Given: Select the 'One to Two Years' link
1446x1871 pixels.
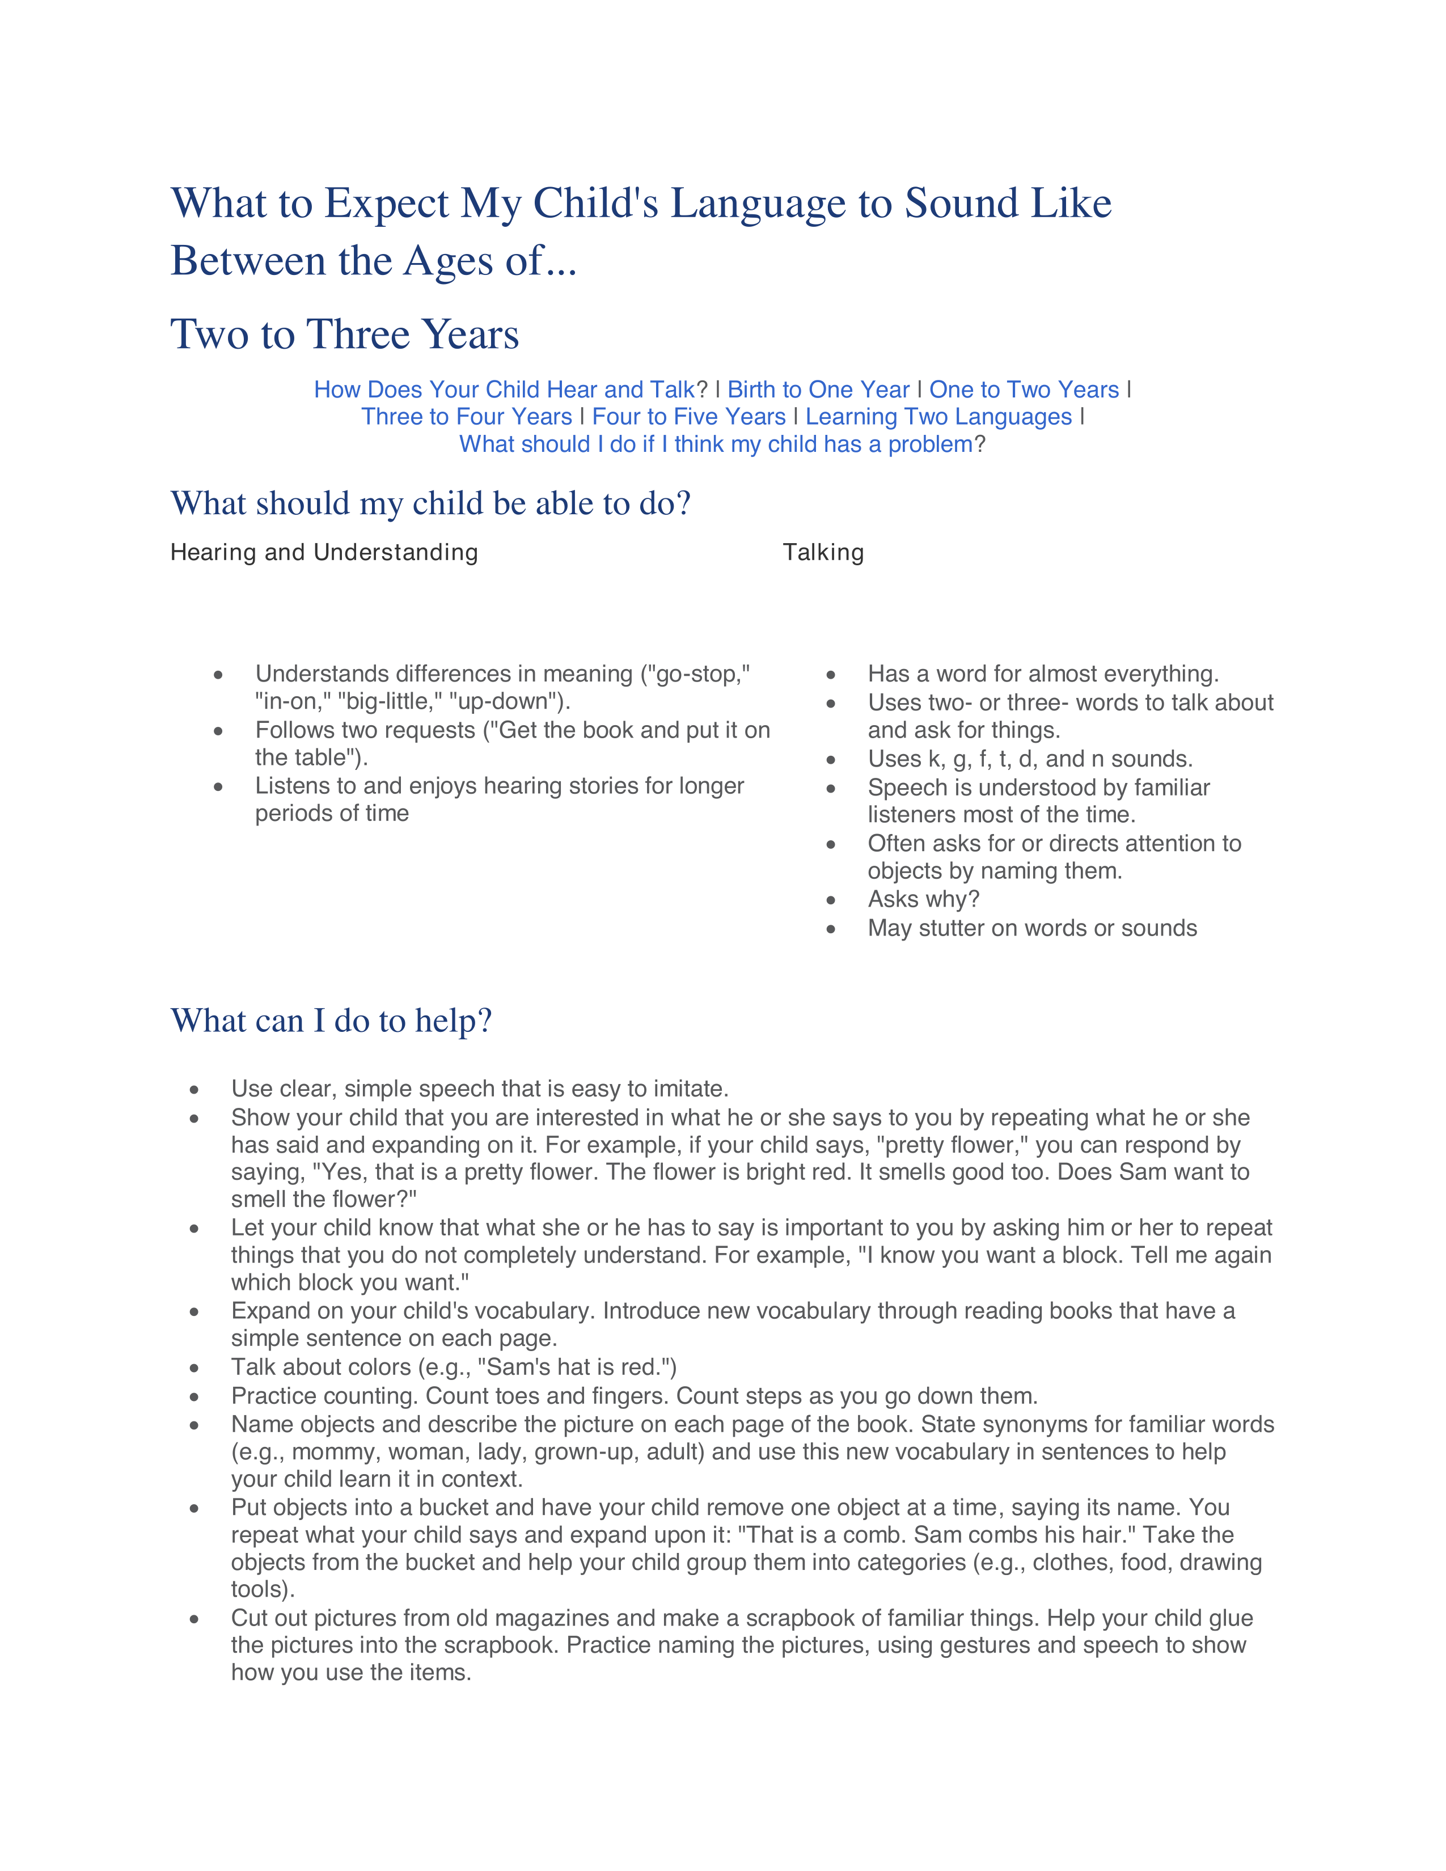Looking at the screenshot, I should tap(1024, 390).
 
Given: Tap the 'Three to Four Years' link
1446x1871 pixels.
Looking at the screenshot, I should tap(466, 417).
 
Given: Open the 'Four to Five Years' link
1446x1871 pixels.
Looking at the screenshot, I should tap(689, 417).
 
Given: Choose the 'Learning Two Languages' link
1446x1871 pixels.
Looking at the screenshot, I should tap(938, 417).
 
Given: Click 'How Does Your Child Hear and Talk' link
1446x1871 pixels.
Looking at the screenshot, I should tap(504, 390).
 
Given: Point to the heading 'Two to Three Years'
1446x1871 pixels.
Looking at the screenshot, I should tap(344, 334).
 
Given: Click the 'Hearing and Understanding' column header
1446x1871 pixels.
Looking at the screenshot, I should tap(324, 553).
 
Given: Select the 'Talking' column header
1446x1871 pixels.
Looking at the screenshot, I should tap(822, 553).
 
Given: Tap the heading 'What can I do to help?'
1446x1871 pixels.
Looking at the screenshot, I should tap(332, 1021).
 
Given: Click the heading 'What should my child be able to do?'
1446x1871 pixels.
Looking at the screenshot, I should tap(430, 503).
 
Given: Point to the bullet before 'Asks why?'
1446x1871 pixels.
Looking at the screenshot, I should tap(830, 900).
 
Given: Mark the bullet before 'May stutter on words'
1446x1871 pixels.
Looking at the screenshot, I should tap(830, 929).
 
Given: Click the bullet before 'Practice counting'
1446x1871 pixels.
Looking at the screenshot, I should tap(195, 1397).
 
